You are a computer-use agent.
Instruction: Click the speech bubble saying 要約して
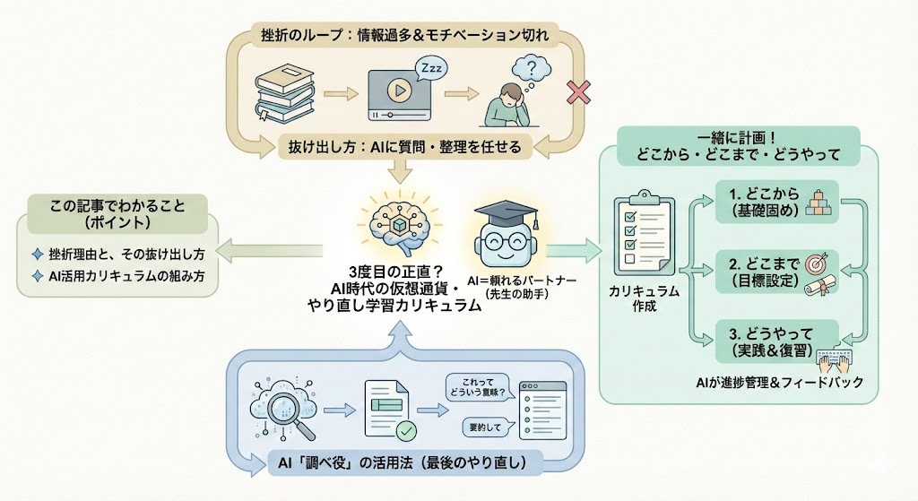tap(477, 426)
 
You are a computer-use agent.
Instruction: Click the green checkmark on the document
tap(406, 430)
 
